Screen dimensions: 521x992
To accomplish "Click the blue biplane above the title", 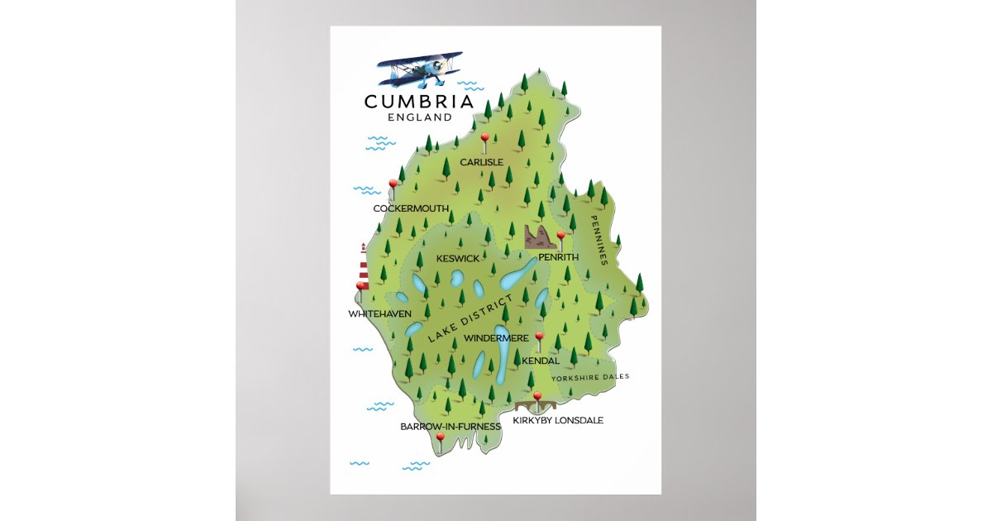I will tap(420, 70).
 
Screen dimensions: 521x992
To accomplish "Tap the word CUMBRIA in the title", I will tap(419, 102).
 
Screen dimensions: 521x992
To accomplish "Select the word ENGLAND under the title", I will tap(419, 117).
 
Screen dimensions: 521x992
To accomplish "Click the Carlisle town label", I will tap(481, 162).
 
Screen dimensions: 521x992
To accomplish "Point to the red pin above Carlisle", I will tap(485, 138).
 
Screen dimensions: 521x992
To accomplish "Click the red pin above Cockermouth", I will tap(393, 184).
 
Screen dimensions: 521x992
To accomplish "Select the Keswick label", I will tap(457, 259).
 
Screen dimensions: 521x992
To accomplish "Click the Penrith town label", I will tap(558, 258).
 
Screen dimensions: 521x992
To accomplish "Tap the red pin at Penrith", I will tap(560, 237).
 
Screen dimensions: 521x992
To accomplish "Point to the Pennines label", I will tap(599, 241).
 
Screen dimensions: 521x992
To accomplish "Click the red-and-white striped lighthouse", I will tap(363, 262).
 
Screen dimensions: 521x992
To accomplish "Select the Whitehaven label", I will tap(379, 314).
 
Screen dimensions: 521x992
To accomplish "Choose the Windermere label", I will tap(496, 338).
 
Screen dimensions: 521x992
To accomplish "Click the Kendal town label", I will tap(541, 361).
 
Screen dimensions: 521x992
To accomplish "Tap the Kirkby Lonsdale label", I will tap(558, 420).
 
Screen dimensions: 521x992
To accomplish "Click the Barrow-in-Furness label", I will tap(451, 427).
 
